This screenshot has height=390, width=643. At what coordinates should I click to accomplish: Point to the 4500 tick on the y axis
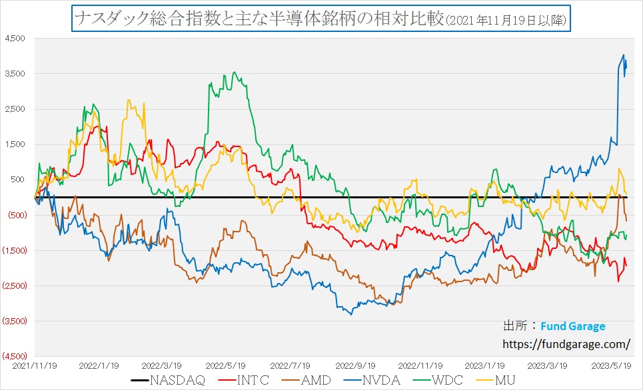(15, 39)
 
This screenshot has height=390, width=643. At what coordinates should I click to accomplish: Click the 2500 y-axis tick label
(15, 109)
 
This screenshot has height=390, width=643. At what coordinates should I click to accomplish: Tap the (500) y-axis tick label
(15, 215)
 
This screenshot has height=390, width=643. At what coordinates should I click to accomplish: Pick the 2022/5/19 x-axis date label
(226, 365)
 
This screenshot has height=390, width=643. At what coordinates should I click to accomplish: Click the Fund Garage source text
(573, 327)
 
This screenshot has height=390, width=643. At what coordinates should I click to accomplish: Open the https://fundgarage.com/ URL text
(566, 344)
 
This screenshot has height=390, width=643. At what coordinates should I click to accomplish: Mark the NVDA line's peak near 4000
(623, 55)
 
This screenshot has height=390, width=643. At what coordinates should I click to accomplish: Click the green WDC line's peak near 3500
(233, 72)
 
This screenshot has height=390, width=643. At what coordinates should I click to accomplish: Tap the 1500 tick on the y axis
(15, 144)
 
